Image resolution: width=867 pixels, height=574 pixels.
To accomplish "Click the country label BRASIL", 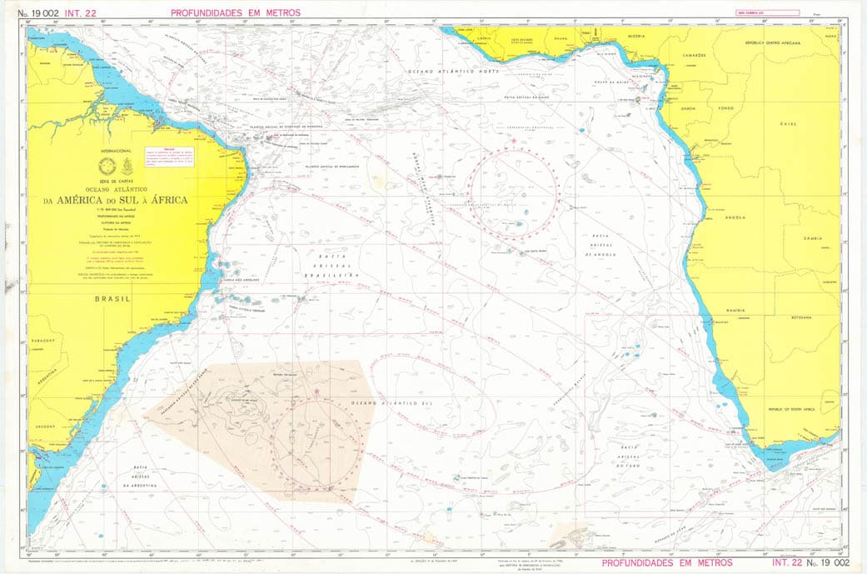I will pyautogui.click(x=112, y=297).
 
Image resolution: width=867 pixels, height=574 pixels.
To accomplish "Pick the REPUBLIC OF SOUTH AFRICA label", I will pyautogui.click(x=789, y=410).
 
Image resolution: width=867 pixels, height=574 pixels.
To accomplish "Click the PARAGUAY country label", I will pyautogui.click(x=44, y=341).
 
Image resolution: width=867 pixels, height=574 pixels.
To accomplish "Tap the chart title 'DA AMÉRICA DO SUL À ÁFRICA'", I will pyautogui.click(x=116, y=200).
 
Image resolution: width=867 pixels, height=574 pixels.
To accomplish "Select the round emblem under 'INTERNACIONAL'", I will pyautogui.click(x=106, y=164).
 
